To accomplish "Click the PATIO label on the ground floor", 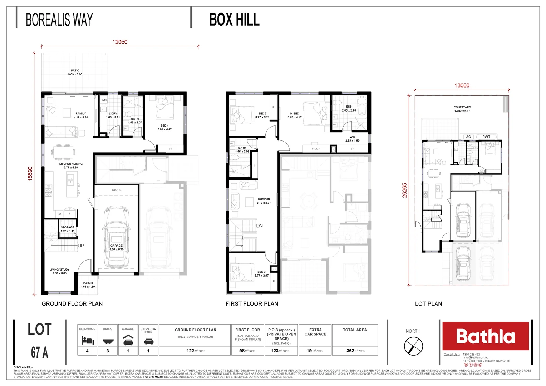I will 75,71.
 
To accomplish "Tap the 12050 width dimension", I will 120,42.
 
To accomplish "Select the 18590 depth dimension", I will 30,174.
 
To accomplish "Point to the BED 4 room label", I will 164,126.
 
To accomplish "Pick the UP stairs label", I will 81,246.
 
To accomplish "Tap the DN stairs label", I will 260,226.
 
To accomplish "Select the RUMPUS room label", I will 264,199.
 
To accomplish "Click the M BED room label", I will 295,114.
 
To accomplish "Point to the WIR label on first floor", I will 353,137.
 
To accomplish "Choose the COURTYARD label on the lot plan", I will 462,107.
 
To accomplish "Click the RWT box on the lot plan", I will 486,137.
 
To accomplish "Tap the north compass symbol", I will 413,346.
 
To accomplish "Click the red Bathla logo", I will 486,336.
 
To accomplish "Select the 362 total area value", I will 350,351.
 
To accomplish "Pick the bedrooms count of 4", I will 87,351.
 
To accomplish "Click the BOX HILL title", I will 234,19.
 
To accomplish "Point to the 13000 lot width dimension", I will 462,85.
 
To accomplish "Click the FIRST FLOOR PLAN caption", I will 252,304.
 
